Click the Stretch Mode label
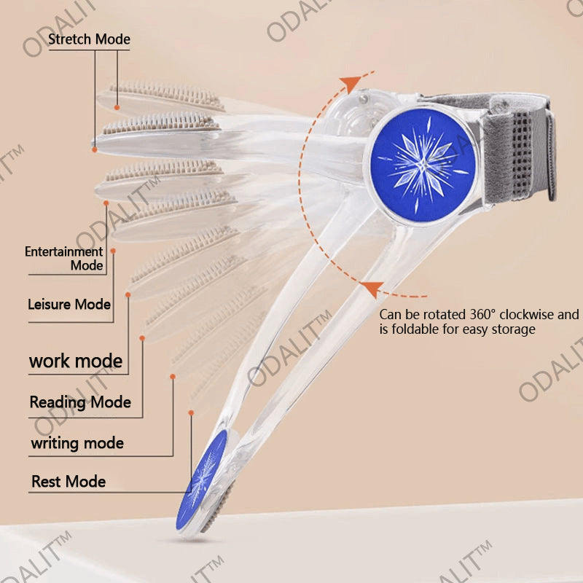(x=89, y=39)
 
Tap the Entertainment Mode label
(x=64, y=259)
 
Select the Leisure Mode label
(x=69, y=304)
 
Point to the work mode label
(x=76, y=361)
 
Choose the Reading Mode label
(x=80, y=402)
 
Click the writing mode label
(x=77, y=442)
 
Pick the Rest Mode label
(x=69, y=482)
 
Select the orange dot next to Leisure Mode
(x=128, y=294)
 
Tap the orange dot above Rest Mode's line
(x=191, y=412)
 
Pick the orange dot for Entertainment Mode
(x=114, y=251)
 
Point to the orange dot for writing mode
(x=173, y=376)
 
